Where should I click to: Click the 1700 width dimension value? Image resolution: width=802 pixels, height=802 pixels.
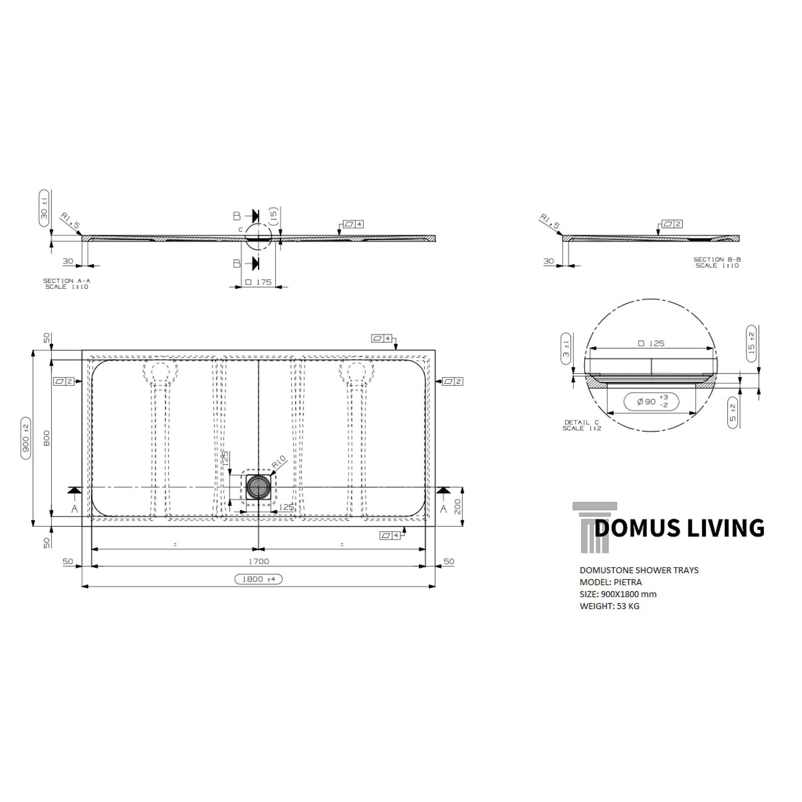tap(259, 561)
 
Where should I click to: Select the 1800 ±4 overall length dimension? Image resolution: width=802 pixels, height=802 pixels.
tap(258, 579)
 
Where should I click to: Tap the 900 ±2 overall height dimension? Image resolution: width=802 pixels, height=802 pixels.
tap(26, 438)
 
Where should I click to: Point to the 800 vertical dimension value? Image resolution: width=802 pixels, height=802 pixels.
tap(46, 438)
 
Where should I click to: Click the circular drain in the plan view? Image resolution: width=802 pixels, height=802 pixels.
tap(258, 488)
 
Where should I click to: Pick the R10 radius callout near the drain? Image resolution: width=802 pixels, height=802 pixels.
tap(279, 462)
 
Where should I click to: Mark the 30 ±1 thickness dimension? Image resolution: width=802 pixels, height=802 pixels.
tap(44, 208)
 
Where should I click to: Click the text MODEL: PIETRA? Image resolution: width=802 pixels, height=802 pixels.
tap(611, 582)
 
